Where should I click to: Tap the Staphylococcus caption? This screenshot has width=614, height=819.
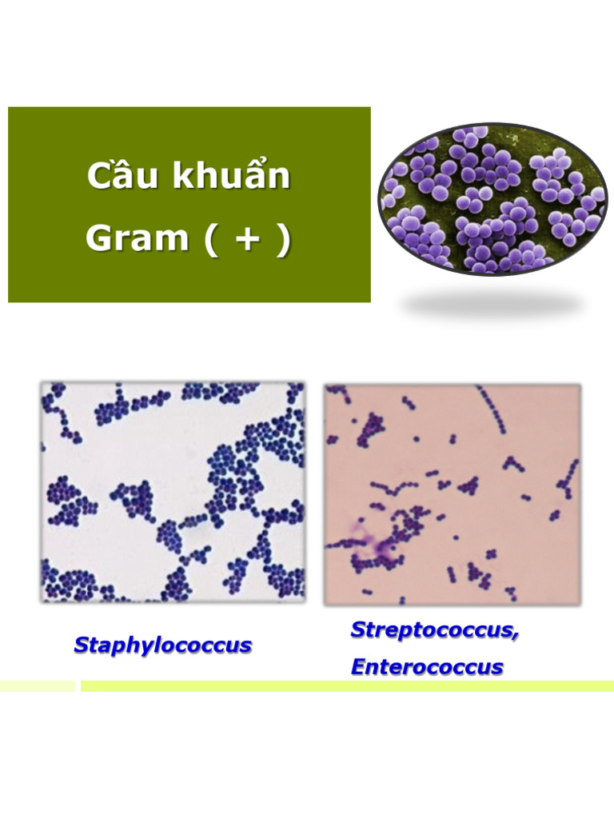coord(162,645)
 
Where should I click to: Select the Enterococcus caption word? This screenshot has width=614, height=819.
coord(427,667)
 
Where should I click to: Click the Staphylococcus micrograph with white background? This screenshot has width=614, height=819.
coord(173,491)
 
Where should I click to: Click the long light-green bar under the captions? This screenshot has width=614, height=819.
coord(347,686)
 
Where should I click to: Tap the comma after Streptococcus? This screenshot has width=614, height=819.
coord(516,634)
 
